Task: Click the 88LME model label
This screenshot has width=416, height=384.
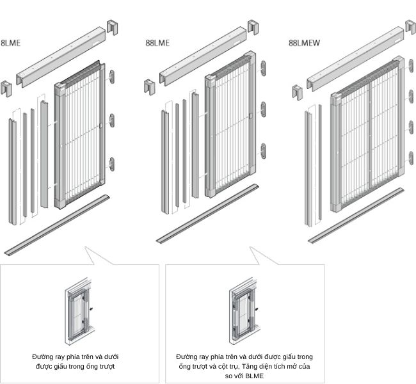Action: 157,43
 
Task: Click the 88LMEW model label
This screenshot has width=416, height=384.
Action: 304,43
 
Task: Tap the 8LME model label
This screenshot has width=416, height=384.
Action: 10,43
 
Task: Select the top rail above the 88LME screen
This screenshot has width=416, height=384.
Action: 203,56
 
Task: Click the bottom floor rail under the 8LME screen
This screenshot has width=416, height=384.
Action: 57,225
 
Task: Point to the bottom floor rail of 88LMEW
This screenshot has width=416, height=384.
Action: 356,216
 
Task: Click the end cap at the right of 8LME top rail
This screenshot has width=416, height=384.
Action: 112,28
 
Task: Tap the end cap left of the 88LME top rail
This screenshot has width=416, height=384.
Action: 150,87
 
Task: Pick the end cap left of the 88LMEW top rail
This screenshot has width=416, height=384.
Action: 298,92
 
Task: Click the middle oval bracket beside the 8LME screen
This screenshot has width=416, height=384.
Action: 112,120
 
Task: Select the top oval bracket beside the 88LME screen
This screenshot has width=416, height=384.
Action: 263,68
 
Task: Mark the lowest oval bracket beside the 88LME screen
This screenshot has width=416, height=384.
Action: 263,151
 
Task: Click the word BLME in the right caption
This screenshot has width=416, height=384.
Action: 255,376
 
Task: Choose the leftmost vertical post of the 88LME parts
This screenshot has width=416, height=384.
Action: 164,162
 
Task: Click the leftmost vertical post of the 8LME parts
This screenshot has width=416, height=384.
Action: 12,172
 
